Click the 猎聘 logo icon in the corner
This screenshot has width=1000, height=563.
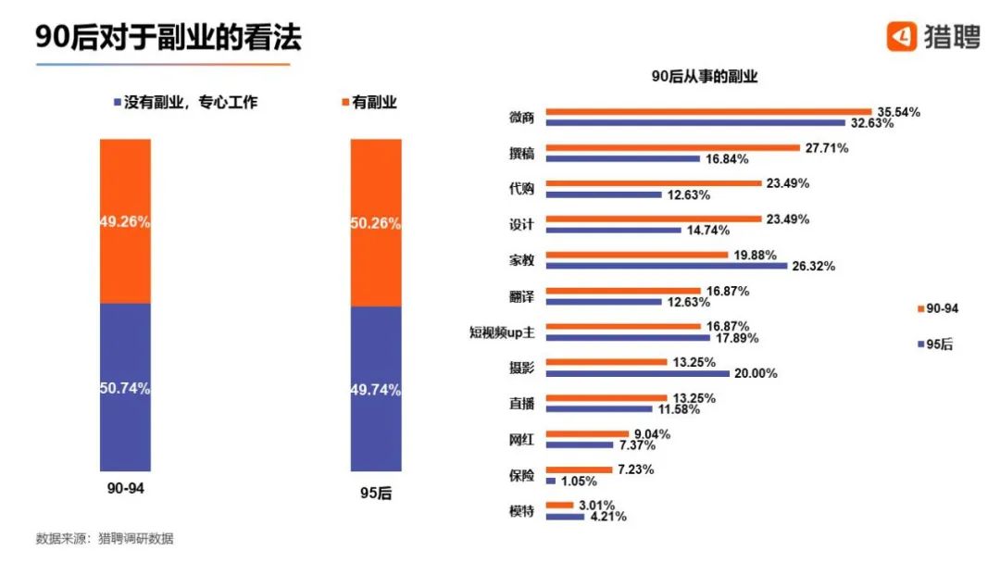click(x=902, y=36)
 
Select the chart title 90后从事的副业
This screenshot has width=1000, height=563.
click(x=704, y=77)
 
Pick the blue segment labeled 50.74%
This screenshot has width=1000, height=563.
click(x=125, y=388)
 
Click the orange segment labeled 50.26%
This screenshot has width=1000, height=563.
click(x=376, y=222)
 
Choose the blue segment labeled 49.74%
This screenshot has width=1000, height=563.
click(x=376, y=390)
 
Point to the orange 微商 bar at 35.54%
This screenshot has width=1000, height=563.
click(x=708, y=111)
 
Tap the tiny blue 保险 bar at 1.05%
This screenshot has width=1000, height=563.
click(x=551, y=482)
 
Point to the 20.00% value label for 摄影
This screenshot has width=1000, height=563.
click(x=755, y=373)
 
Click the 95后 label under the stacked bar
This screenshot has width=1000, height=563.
click(x=375, y=494)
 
